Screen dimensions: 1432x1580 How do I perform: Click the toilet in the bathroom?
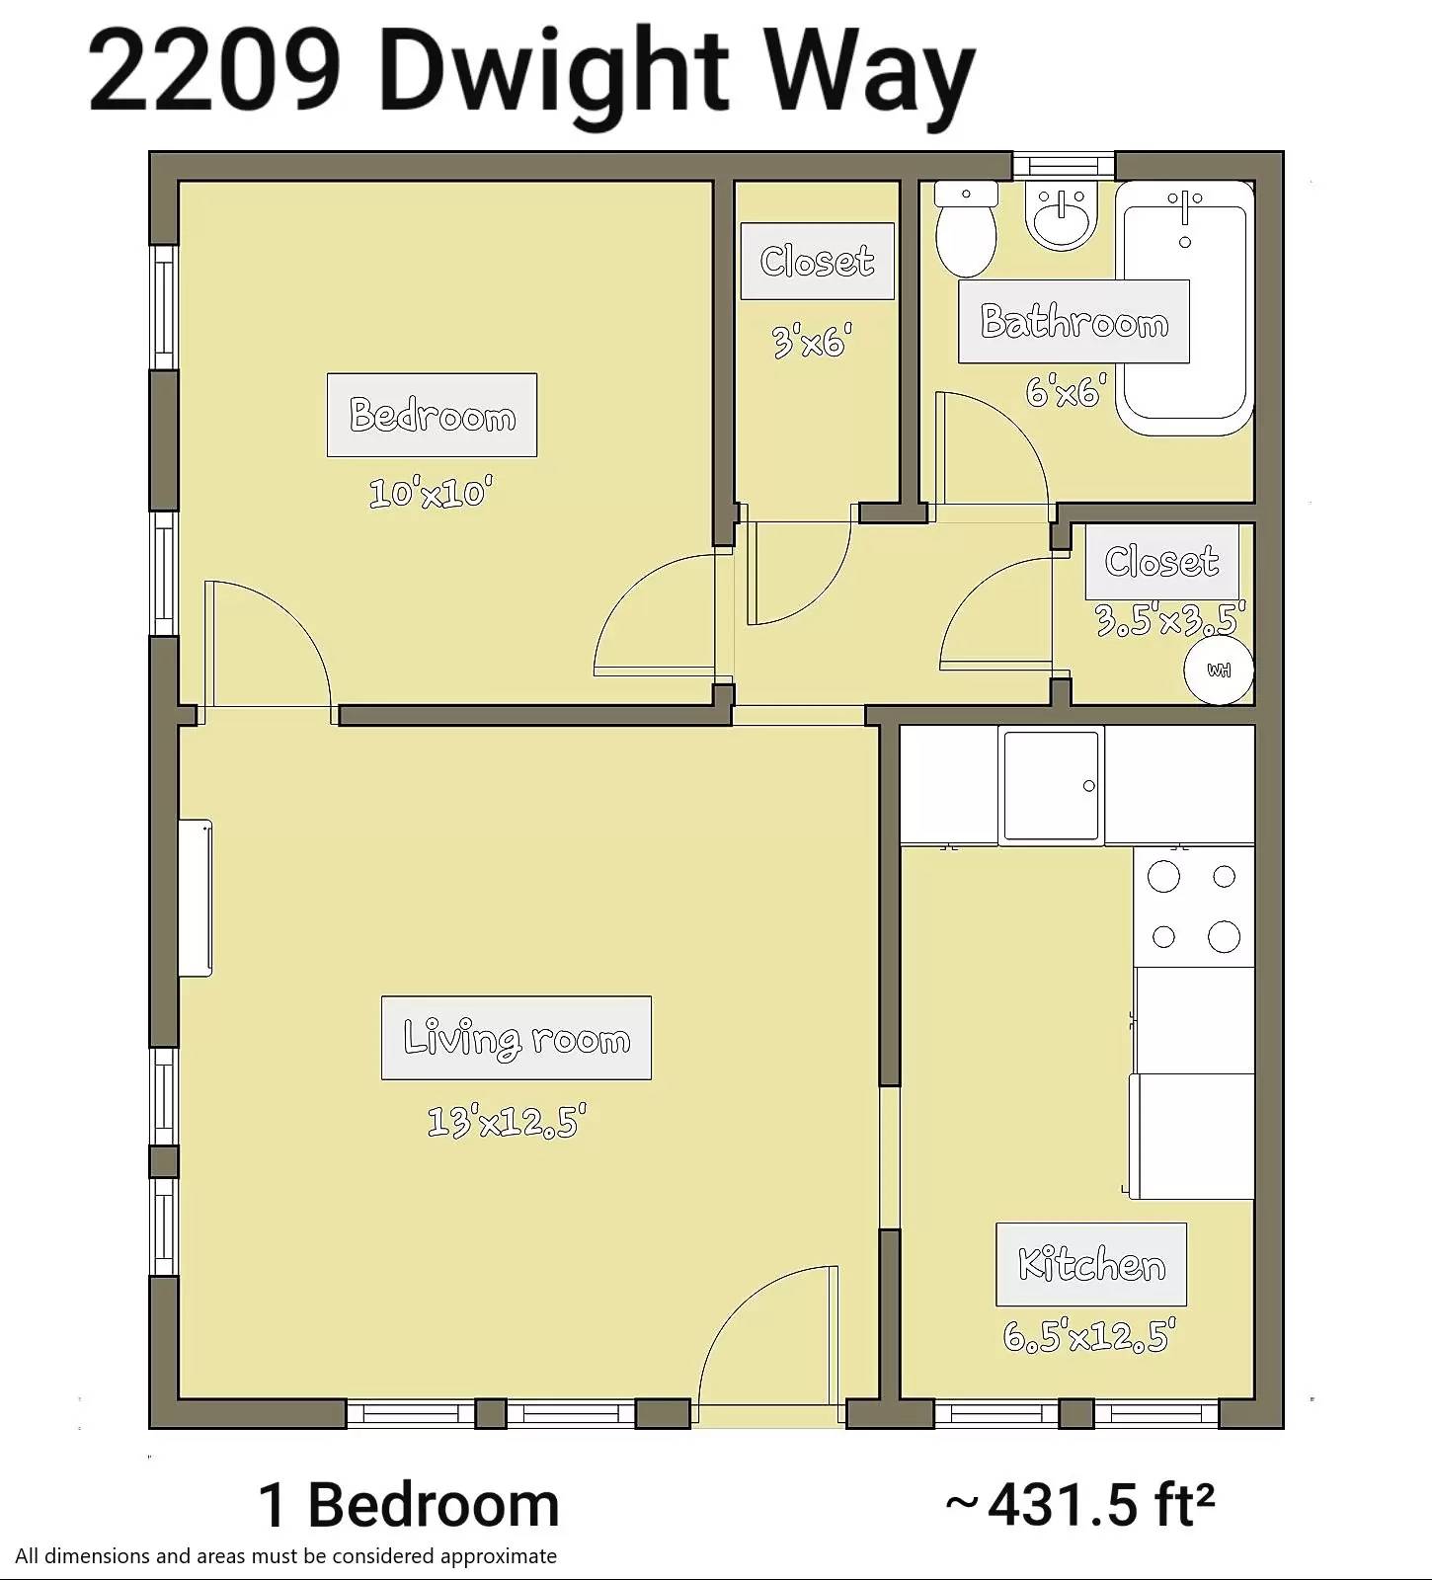coord(966,228)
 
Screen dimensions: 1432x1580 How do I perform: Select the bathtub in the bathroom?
coord(1185,307)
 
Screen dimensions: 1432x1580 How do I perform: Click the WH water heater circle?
coord(1220,670)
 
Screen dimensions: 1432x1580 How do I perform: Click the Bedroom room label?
coord(432,415)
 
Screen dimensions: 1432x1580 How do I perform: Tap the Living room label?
coord(517,1038)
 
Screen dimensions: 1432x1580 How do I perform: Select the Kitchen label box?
coord(1091,1265)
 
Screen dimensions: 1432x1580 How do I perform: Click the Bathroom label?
coord(1074,322)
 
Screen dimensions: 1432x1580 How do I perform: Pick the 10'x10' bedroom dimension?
coord(431,492)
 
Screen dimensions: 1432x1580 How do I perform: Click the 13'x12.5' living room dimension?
coord(507,1121)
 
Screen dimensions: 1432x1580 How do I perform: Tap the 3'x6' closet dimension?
coord(811,342)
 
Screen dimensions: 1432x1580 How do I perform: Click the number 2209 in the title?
coord(215,71)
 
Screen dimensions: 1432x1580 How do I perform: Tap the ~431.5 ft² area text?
coord(1079,1505)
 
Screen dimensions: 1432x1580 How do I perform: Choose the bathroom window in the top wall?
coord(1064,165)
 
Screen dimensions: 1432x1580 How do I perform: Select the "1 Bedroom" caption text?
coord(409,1505)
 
